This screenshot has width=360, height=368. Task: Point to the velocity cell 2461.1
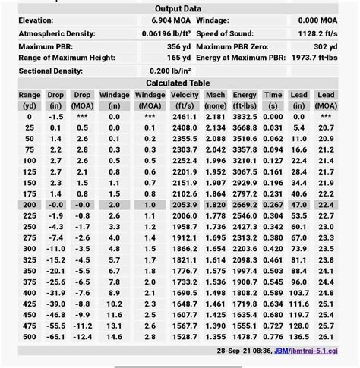pos(185,116)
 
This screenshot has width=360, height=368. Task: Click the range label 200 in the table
pos(29,205)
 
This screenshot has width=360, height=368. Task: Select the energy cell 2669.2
pos(245,205)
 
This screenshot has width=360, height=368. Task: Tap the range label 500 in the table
pos(29,336)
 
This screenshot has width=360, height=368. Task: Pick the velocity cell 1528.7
pos(185,336)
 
